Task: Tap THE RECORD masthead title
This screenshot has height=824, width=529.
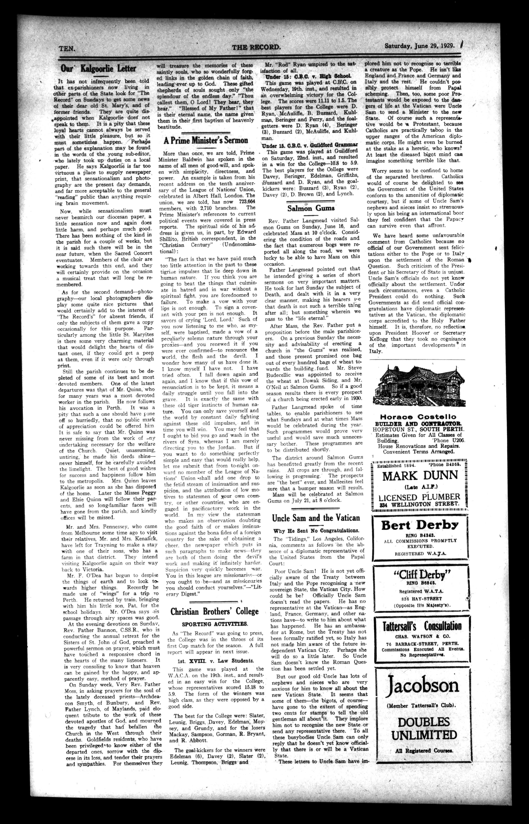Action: coord(256,47)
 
